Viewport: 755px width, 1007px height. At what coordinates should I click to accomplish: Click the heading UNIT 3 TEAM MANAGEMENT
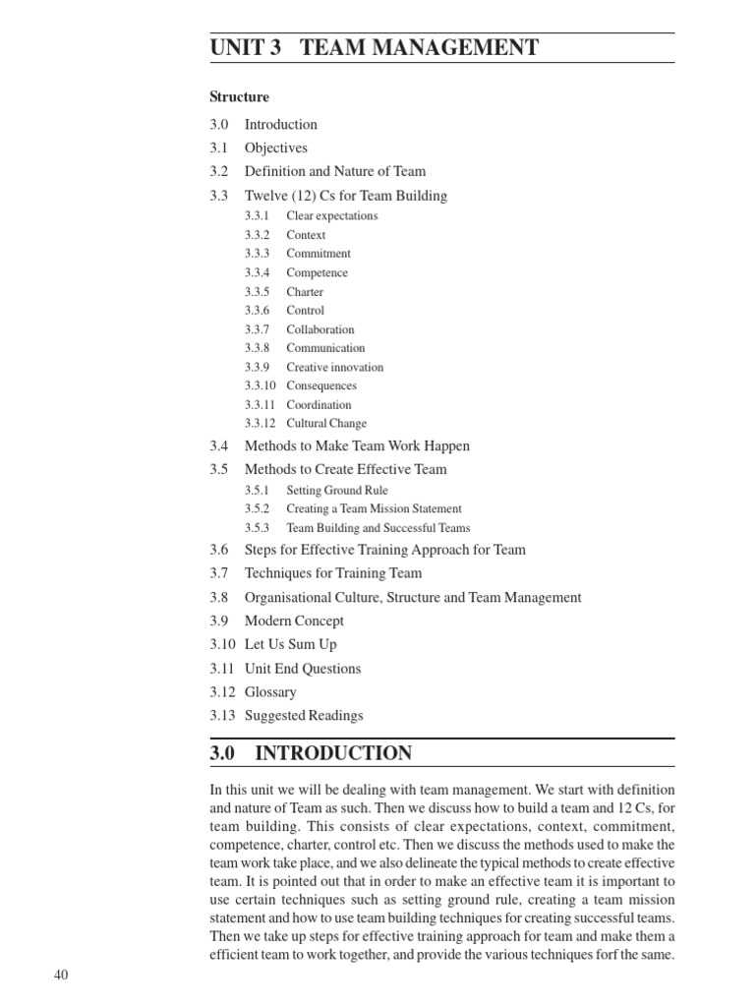374,47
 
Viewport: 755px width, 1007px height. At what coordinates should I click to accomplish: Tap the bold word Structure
239,97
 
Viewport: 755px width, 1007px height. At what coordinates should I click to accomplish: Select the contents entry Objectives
275,148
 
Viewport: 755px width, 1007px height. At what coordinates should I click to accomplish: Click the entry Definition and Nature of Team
334,172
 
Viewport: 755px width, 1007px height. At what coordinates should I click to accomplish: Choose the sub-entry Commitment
319,254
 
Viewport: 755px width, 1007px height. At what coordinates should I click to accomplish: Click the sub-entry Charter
305,292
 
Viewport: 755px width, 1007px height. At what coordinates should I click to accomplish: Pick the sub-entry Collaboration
320,329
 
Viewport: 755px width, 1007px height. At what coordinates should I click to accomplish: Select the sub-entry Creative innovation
334,368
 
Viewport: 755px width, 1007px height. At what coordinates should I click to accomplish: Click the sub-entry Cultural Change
326,424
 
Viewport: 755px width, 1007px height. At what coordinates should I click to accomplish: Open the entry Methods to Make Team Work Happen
357,446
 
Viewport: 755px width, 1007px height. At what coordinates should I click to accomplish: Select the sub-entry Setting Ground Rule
337,491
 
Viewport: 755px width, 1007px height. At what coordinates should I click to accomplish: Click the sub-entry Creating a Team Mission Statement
374,509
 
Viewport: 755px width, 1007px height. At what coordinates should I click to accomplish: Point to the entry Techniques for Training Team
332,573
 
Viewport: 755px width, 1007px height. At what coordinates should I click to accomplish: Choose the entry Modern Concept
294,622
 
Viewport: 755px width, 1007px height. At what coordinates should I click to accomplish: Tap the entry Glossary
270,692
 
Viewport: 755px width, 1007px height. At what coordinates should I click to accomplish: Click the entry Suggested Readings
304,716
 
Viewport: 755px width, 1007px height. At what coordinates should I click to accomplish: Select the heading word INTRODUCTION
333,754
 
